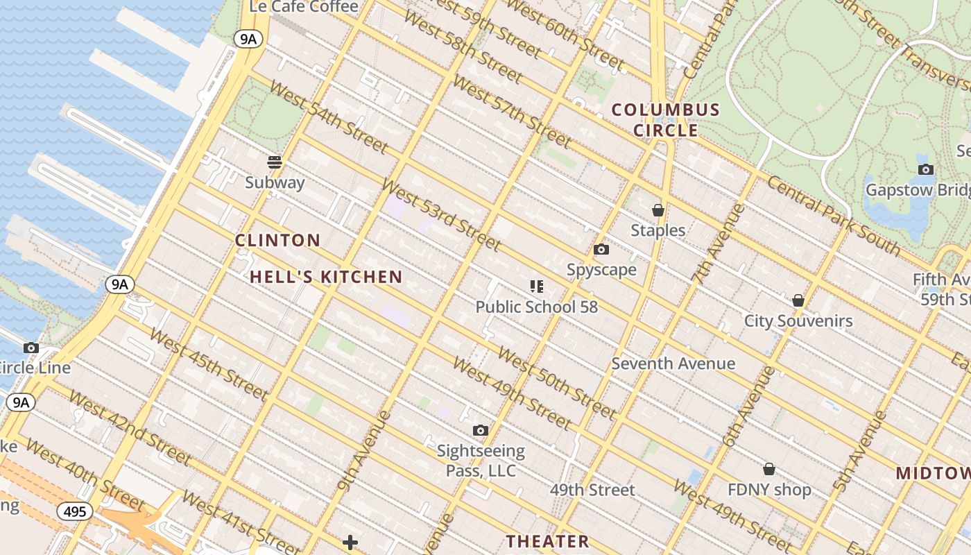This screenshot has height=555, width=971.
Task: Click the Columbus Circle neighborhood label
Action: pos(666,120)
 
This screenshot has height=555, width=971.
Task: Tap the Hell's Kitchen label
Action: pos(326,277)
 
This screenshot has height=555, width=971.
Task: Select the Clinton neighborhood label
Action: pos(277,241)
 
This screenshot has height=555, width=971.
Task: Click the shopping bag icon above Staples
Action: pos(658,210)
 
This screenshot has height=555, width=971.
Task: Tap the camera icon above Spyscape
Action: pos(601,250)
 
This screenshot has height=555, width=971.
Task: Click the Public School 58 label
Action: pos(536,307)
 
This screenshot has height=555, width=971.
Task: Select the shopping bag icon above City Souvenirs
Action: pos(798,300)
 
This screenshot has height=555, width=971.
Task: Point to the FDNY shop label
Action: pos(769,490)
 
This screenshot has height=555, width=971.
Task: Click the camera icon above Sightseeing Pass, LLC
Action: pos(480,431)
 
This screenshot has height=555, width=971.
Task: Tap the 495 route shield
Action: pos(74,512)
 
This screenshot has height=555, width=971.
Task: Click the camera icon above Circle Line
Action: pos(31,348)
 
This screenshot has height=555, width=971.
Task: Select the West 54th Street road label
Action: pos(328,117)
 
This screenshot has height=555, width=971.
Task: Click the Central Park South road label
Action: pos(833,216)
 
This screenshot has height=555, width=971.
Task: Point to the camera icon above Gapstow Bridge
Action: pos(925,169)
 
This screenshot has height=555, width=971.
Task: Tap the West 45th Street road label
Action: pos(208,365)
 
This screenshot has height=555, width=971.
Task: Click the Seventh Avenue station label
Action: pos(673,364)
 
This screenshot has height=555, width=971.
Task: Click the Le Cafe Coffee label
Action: pos(304,7)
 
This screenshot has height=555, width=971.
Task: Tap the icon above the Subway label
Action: pos(275,162)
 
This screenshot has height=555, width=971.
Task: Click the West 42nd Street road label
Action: pos(130,428)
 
